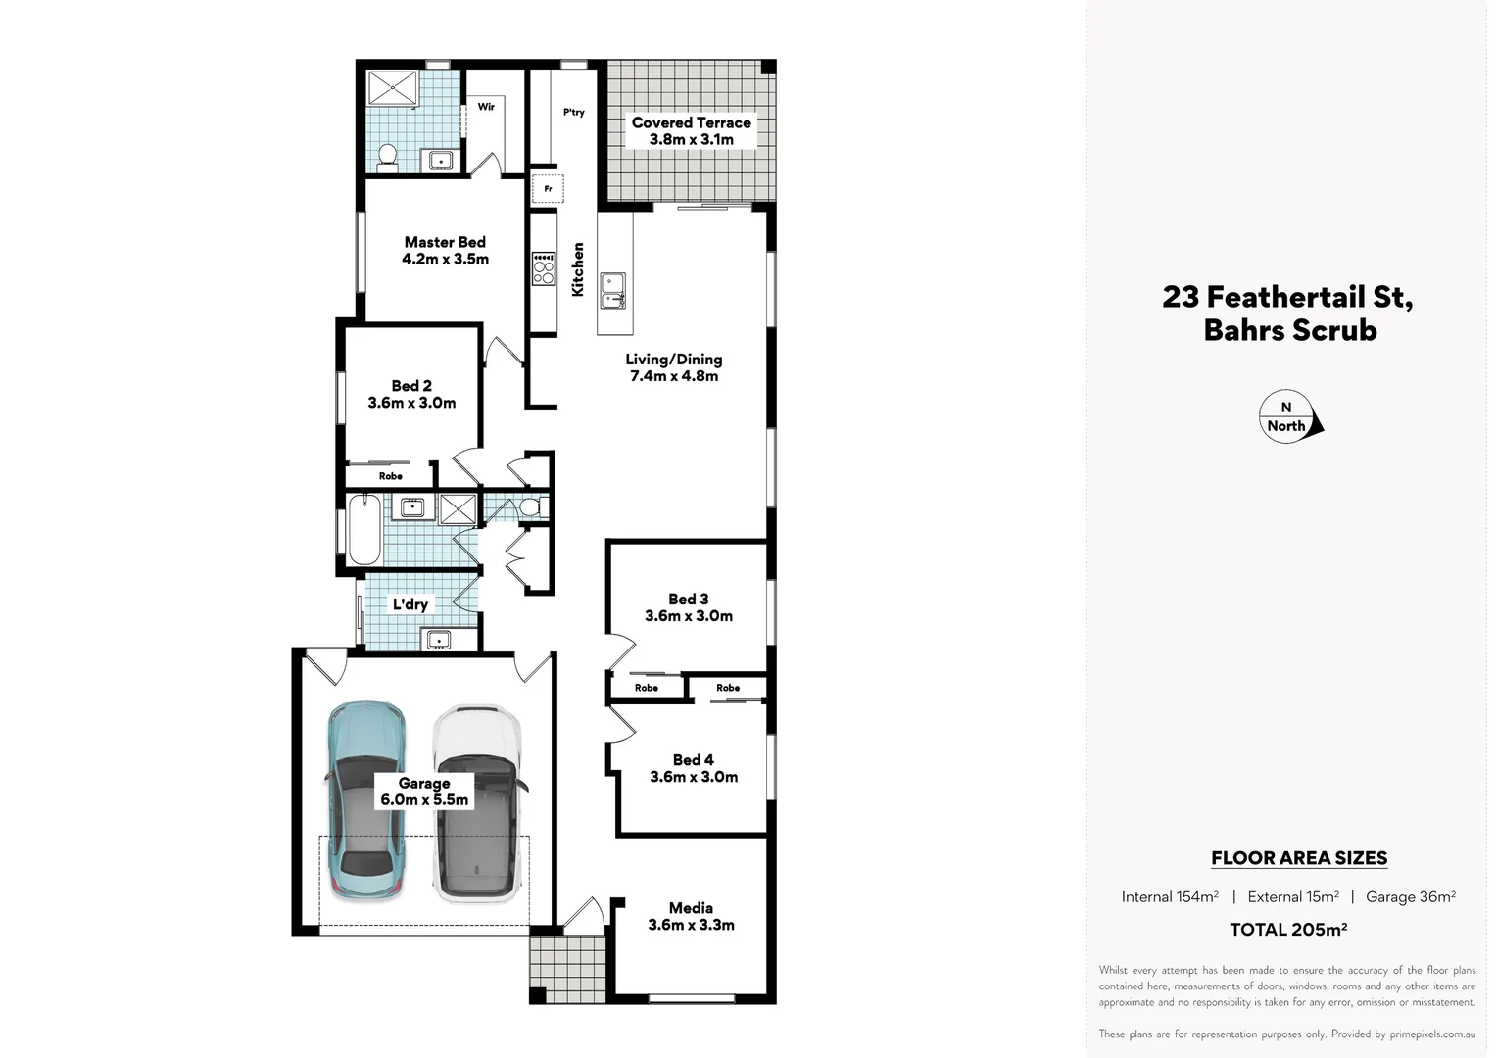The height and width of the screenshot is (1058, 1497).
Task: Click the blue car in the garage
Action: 365,801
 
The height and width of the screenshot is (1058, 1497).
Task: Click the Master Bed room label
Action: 445,242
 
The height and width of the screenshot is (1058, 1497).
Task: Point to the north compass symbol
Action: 1289,417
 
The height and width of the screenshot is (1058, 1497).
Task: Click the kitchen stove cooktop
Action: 543,268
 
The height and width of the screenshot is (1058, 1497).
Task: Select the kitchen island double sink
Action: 613,290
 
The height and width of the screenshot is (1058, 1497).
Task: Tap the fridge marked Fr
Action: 548,188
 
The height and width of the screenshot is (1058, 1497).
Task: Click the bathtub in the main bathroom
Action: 364,529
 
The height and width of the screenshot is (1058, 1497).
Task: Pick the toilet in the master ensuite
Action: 387,157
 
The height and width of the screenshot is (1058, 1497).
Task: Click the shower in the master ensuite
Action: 393,87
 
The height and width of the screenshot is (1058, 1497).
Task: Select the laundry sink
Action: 438,641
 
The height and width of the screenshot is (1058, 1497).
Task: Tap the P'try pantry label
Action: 574,112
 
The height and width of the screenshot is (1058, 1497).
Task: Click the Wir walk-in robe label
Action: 486,106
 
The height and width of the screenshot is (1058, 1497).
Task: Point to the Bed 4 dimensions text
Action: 694,777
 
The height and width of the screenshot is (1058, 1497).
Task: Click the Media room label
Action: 691,908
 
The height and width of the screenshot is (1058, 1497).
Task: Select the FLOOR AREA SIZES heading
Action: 1299,858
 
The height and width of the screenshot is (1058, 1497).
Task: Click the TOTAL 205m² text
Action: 1288,930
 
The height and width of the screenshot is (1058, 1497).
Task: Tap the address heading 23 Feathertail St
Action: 1287,296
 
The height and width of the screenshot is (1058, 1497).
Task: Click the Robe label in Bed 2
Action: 391,476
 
